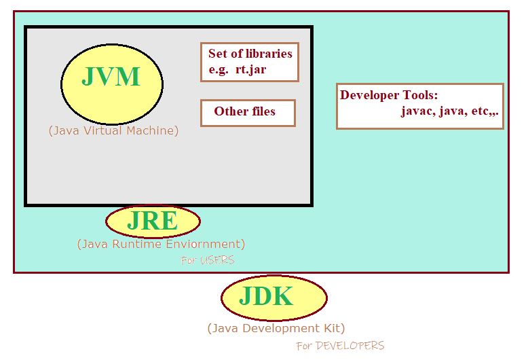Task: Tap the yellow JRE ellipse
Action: (153, 221)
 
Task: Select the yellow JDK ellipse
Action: (274, 298)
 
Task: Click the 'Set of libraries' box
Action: (250, 62)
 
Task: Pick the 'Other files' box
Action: (248, 112)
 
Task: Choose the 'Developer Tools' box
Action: (420, 106)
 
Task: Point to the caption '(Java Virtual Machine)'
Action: (113, 130)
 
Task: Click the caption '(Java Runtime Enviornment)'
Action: (161, 244)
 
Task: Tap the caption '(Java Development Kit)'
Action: (276, 328)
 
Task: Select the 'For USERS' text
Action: (208, 260)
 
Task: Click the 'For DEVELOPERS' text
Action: (340, 346)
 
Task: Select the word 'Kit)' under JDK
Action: (333, 328)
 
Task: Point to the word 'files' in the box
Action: (263, 111)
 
